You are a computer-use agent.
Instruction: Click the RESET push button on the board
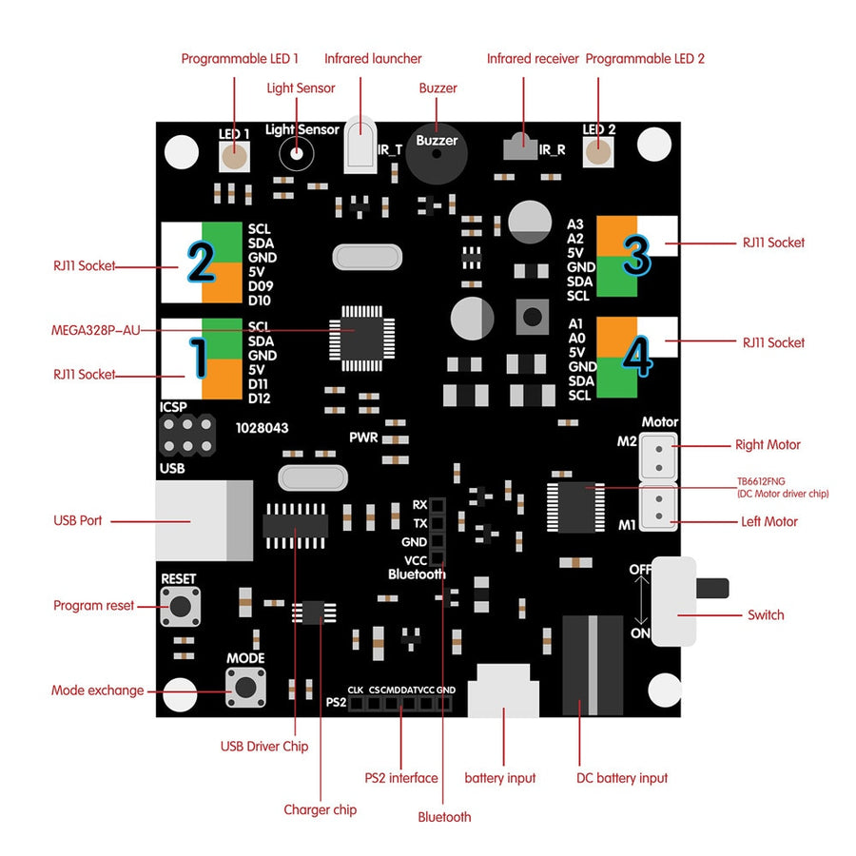point(181,606)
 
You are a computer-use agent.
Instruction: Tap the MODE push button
point(245,686)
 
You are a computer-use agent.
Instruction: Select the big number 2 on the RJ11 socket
point(200,262)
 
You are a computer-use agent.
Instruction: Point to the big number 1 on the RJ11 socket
point(199,359)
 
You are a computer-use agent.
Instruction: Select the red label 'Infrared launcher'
point(373,59)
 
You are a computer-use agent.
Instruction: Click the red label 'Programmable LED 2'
point(645,59)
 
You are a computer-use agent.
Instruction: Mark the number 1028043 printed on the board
point(262,429)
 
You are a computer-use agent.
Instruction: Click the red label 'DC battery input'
point(622,778)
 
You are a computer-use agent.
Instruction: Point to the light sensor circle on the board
point(298,152)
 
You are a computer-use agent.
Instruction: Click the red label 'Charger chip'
point(320,810)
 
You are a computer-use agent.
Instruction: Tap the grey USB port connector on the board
point(204,520)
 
